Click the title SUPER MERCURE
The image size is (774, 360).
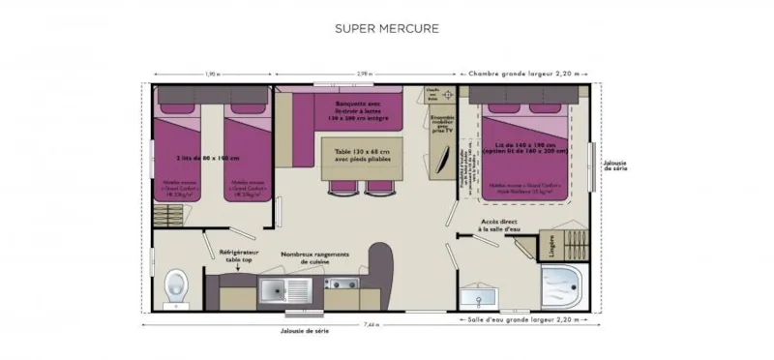click(x=386, y=27)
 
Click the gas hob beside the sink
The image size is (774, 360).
click(x=341, y=287)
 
